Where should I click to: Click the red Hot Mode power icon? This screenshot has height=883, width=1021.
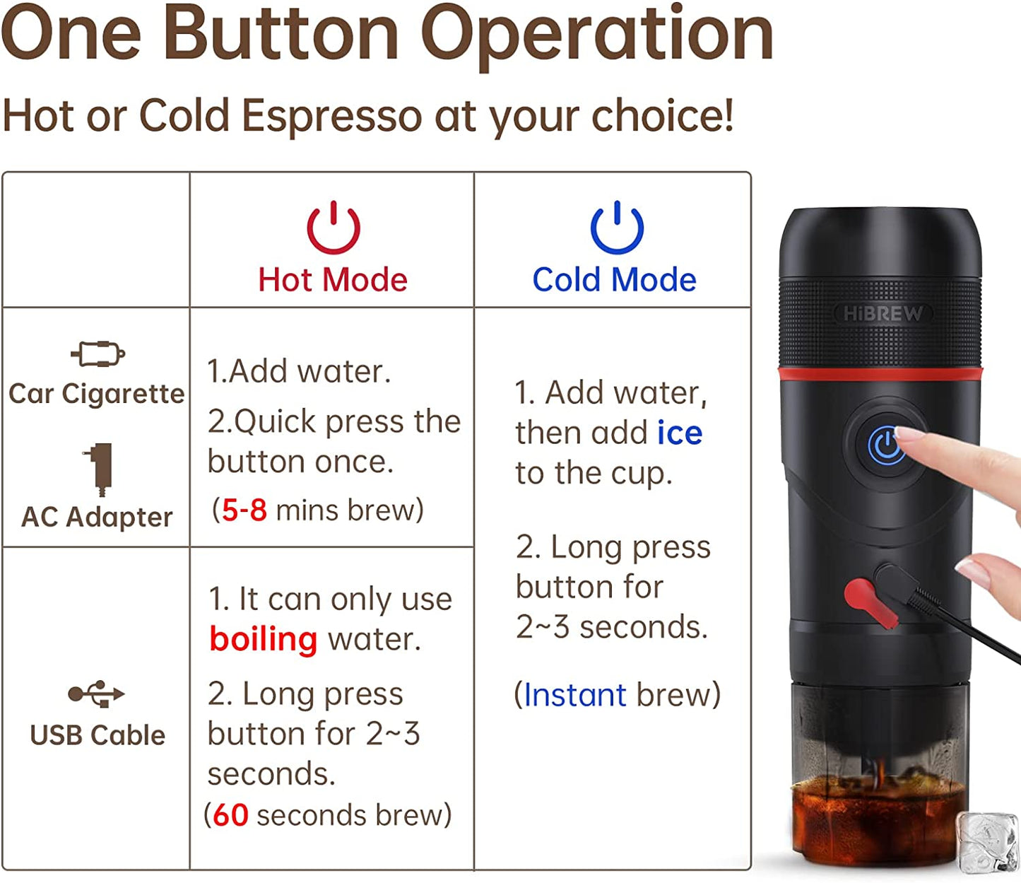click(334, 228)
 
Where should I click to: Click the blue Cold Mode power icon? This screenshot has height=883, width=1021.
click(617, 228)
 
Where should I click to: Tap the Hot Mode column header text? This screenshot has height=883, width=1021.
click(333, 280)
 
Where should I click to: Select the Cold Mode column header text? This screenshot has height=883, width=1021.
click(614, 280)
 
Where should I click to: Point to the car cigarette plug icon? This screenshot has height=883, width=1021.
click(98, 353)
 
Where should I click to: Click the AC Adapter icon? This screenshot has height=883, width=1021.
click(100, 468)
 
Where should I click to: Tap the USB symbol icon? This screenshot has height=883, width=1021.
click(96, 694)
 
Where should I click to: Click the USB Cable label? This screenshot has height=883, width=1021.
click(98, 735)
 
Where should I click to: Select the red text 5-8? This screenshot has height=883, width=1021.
click(244, 510)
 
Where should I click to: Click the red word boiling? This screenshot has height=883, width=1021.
click(264, 639)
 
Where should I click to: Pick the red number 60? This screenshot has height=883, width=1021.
click(230, 815)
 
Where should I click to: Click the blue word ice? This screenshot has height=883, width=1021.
click(679, 433)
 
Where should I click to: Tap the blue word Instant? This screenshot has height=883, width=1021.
click(574, 695)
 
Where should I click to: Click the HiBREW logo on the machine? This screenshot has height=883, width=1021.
click(883, 313)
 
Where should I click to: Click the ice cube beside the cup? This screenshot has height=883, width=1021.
click(987, 841)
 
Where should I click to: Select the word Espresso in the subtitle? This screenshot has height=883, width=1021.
click(331, 115)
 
